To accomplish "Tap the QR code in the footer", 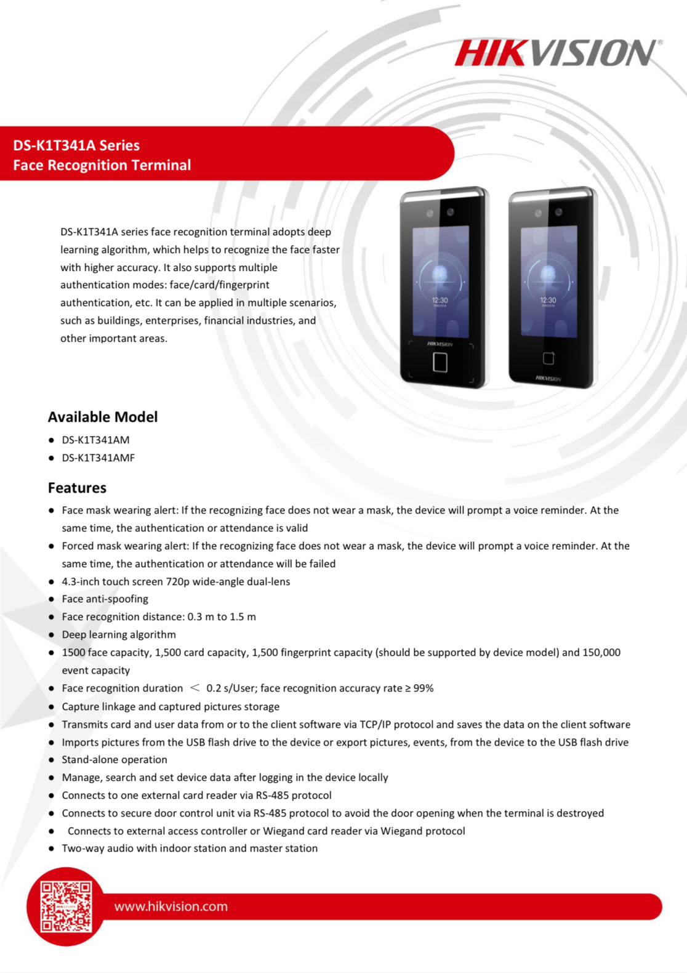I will (66, 906).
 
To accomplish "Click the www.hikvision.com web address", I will (171, 906).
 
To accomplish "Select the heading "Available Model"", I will (103, 417).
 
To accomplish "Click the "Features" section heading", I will (77, 488).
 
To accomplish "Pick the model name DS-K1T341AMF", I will (98, 458).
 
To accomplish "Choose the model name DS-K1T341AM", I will (95, 440).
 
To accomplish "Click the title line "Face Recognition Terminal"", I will (102, 165).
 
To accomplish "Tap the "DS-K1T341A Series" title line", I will (76, 145).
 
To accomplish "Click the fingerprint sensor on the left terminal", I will (440, 362).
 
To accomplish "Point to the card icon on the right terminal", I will (548, 358).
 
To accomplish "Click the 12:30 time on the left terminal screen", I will (440, 301).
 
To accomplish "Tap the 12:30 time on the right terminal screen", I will (548, 301).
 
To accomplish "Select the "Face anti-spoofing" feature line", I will (105, 599).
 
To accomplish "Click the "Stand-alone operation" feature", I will (114, 759).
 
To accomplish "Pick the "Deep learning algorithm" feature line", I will (119, 634).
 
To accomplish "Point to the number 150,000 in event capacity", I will (601, 652).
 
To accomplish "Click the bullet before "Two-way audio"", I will (52, 849).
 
